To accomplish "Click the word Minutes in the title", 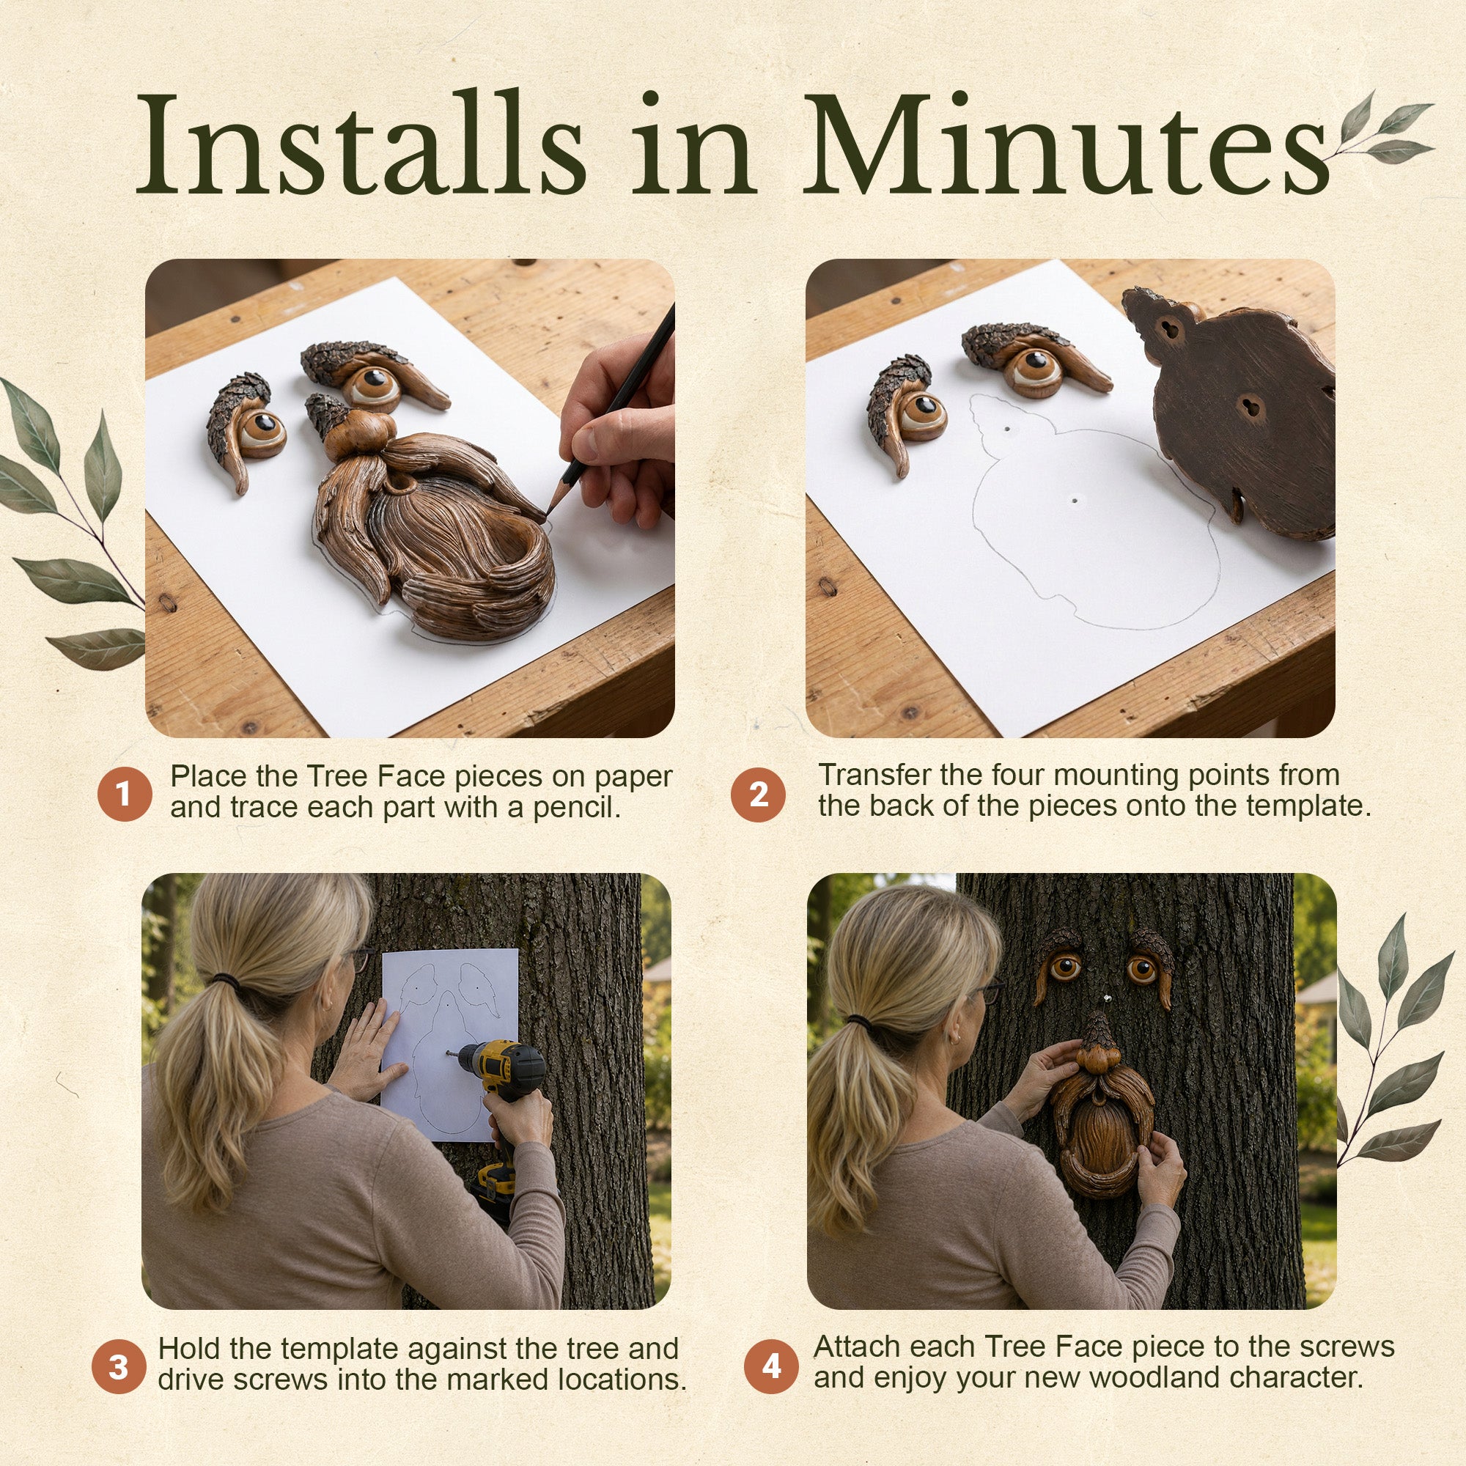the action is click(x=1066, y=144).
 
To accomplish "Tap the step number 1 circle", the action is click(x=125, y=795).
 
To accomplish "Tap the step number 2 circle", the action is click(x=758, y=795).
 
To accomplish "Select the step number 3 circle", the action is click(x=118, y=1366).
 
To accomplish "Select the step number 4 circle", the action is click(x=771, y=1366).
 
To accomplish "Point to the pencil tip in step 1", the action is click(x=548, y=516).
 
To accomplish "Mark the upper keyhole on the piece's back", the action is click(x=1169, y=328).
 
